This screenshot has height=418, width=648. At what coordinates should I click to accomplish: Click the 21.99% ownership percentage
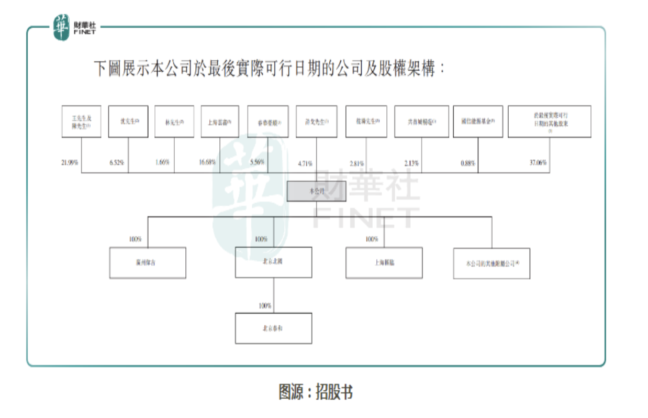(70, 163)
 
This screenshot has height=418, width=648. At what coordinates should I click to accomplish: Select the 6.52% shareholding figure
(117, 163)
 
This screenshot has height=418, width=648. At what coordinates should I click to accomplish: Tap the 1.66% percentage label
(162, 163)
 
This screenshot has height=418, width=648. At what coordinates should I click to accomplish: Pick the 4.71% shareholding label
(305, 163)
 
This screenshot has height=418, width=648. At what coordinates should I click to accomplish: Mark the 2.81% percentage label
(356, 163)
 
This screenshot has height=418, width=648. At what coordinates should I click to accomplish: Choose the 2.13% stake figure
(411, 163)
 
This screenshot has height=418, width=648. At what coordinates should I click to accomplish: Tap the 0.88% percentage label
(468, 163)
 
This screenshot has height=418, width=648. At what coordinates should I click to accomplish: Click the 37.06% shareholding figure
(538, 163)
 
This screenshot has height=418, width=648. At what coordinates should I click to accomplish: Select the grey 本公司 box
(316, 191)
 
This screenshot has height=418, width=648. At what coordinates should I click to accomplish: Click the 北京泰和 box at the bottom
(273, 328)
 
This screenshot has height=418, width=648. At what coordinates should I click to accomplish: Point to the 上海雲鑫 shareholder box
(220, 122)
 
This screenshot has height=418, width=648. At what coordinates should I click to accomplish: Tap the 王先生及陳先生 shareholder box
(81, 122)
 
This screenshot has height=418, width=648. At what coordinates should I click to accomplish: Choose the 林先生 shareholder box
(174, 122)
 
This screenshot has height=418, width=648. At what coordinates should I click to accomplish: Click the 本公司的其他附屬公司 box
(491, 263)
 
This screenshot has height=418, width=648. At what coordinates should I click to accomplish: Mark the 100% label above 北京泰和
(265, 305)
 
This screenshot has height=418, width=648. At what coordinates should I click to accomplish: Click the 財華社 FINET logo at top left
(73, 27)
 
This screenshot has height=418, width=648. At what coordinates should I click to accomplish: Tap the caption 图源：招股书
(316, 392)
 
